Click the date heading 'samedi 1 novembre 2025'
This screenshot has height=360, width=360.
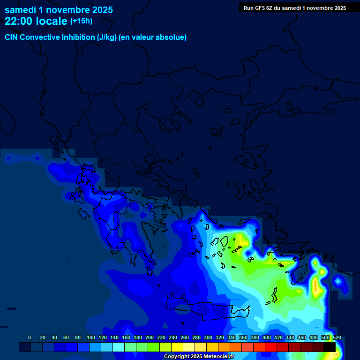click(x=59, y=10)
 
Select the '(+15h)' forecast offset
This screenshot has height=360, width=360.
click(x=81, y=21)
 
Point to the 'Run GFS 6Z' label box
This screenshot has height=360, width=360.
click(x=295, y=8)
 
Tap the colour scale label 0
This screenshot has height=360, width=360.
click(x=30, y=338)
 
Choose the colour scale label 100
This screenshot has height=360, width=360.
click(x=90, y=338)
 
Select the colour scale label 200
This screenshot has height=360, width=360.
click(x=150, y=338)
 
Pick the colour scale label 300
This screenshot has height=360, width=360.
click(x=208, y=338)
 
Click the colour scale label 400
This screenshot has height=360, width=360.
click(x=267, y=338)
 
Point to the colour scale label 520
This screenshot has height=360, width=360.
click(x=337, y=338)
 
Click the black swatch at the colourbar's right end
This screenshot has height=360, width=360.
click(x=330, y=347)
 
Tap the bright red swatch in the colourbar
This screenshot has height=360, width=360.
click(x=271, y=347)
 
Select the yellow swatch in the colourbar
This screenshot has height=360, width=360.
click(x=177, y=347)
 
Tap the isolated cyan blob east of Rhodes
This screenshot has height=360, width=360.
click(x=337, y=281)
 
